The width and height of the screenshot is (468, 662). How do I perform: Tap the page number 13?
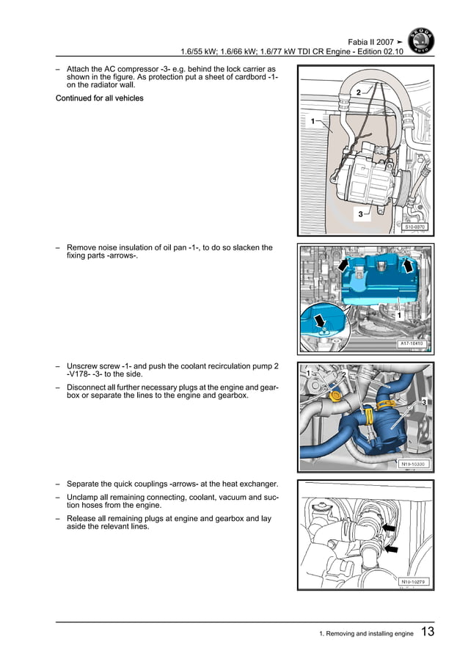(x=428, y=632)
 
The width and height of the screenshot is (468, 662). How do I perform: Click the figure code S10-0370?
(x=414, y=227)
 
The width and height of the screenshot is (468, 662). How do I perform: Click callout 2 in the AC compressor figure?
(x=358, y=92)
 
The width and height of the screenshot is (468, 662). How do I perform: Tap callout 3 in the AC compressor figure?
(x=360, y=214)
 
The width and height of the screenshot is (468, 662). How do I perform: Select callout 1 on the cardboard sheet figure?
(x=312, y=120)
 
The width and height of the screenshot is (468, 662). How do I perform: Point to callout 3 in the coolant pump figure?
(x=424, y=403)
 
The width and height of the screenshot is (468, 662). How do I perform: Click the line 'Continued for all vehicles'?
(x=100, y=98)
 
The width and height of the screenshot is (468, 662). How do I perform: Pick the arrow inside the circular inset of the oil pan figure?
(x=321, y=321)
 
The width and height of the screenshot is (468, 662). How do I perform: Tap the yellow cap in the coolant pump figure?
(x=336, y=396)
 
